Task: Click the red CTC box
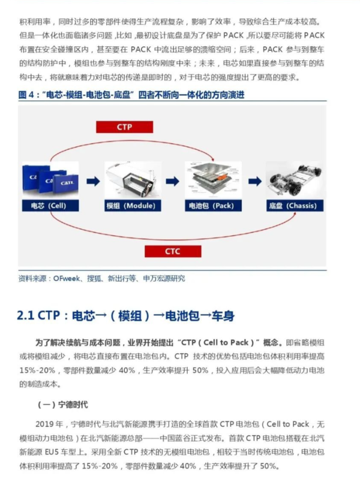pos(172,251)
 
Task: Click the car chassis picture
pos(293,179)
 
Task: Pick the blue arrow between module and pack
pos(172,180)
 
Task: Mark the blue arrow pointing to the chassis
pos(254,180)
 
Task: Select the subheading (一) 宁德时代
pos(63,404)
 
